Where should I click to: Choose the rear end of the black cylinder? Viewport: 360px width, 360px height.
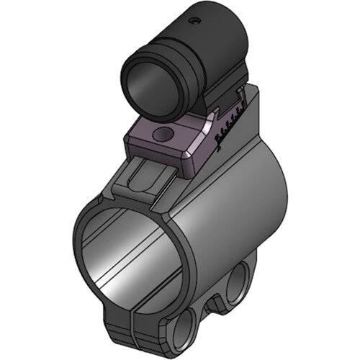click(x=230, y=36)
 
